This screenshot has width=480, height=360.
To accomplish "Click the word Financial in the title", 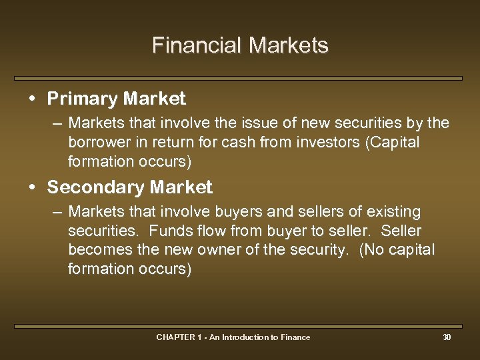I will point(197,45).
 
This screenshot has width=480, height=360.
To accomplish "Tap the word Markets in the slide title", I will point(288,45).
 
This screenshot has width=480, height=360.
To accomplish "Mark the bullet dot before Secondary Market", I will point(33,188).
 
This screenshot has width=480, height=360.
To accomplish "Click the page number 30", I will point(447,337).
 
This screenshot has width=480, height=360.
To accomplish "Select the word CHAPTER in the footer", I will point(175,337).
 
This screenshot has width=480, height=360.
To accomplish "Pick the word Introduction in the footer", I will point(245,337).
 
